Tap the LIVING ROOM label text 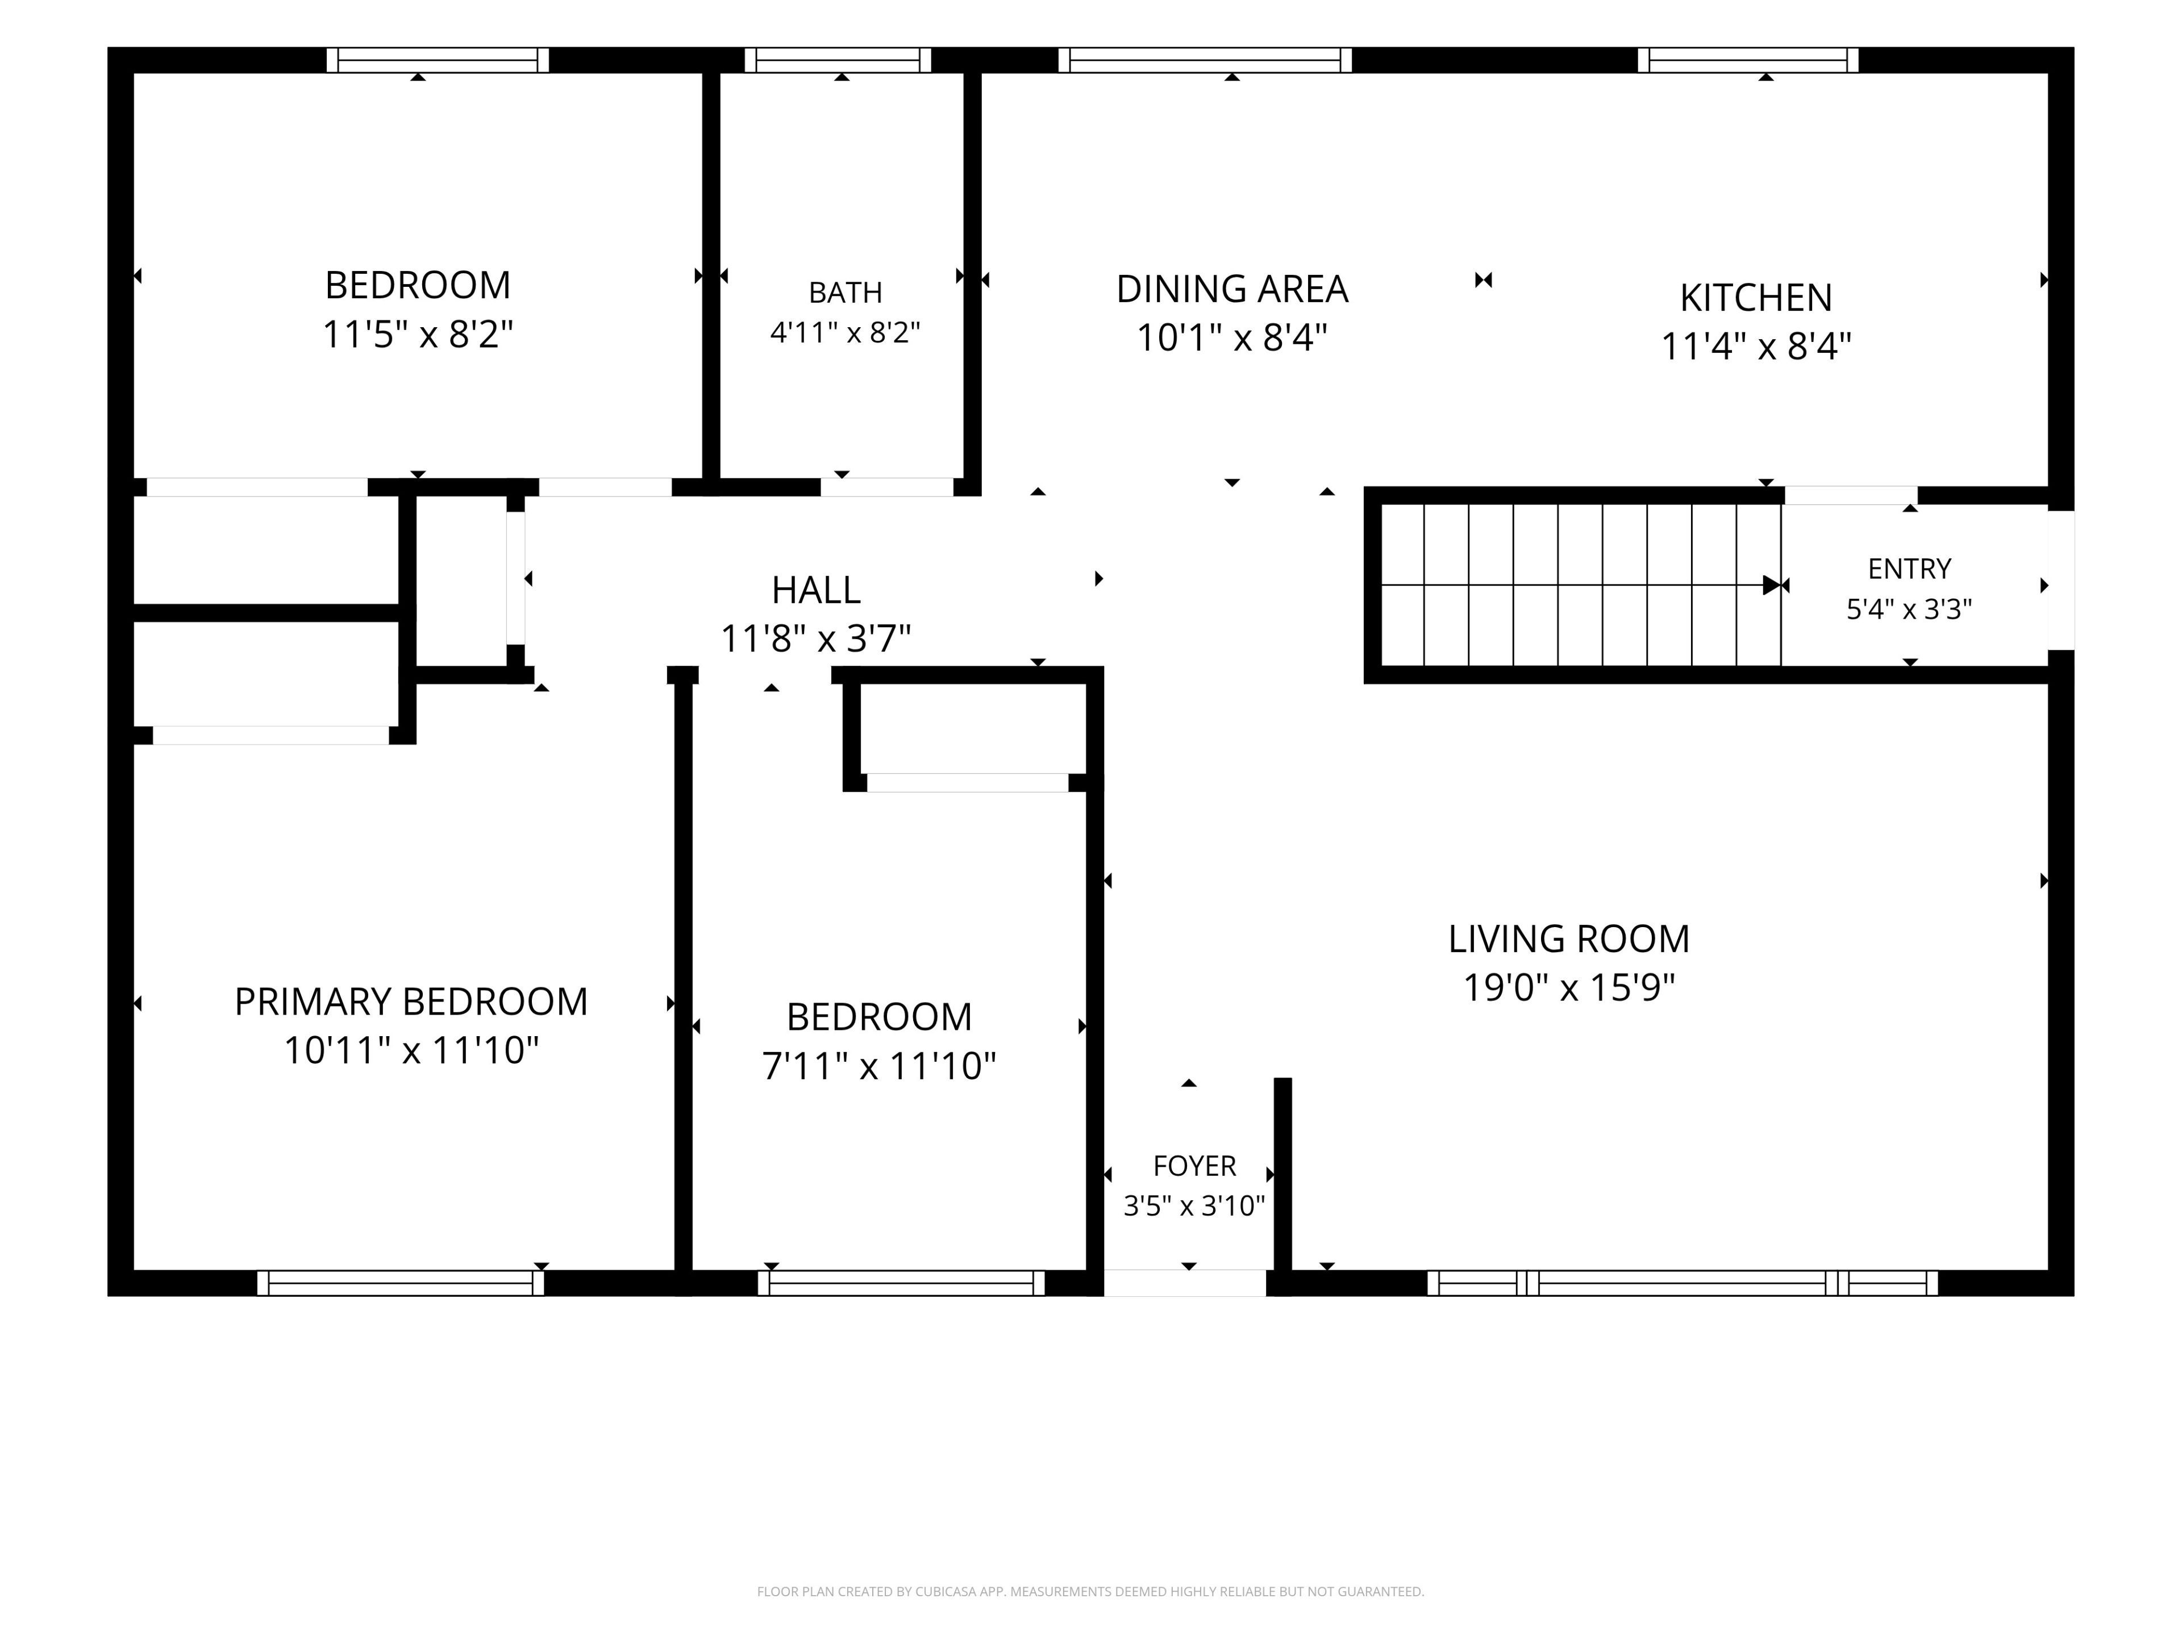coord(1568,939)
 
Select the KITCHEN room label coord(1756,298)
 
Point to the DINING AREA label coord(1232,289)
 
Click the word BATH coord(846,293)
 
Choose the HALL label coord(816,590)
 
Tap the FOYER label coord(1194,1166)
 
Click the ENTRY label coord(1910,569)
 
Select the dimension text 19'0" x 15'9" coord(1568,987)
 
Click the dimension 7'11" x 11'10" coord(879,1066)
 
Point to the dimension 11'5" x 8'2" coord(418,334)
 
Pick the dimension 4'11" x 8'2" coord(846,332)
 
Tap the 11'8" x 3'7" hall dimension coord(816,639)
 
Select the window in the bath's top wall coord(838,60)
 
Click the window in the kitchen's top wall coord(1748,60)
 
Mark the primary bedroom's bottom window coord(401,1283)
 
